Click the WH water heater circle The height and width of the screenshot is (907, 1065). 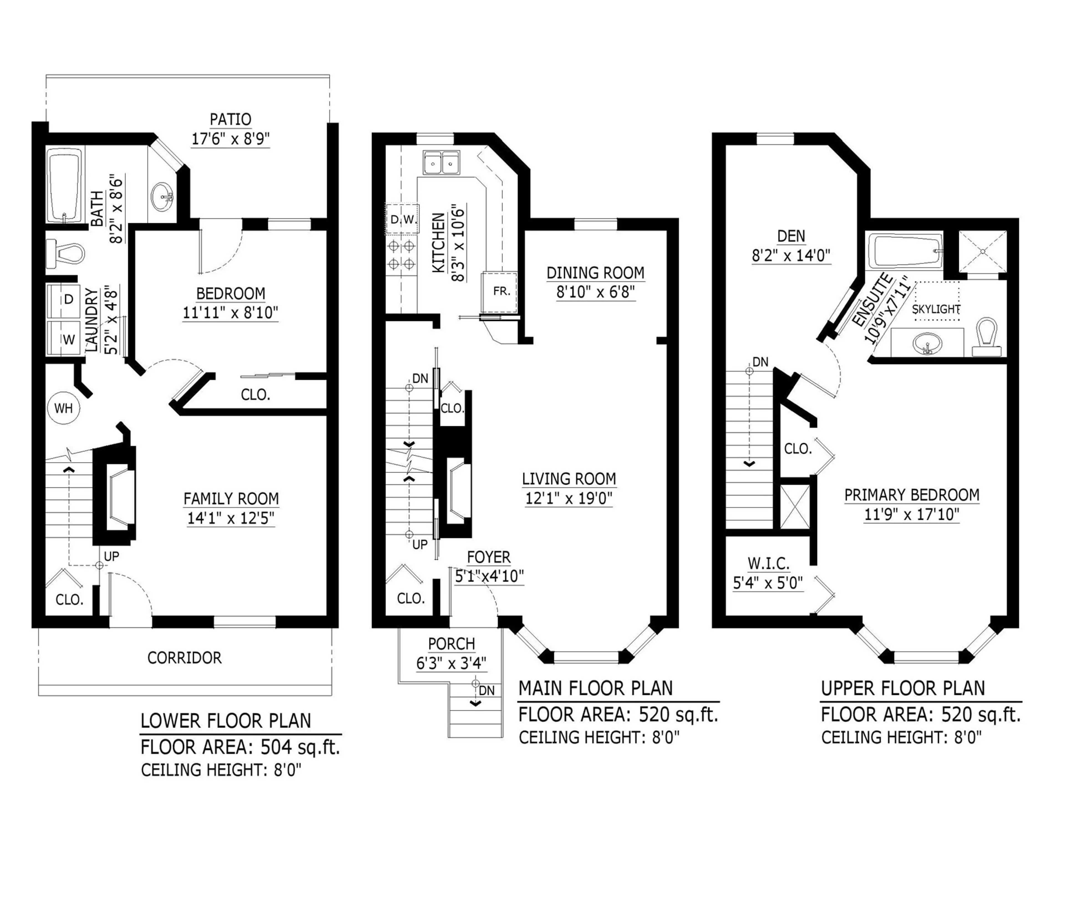pyautogui.click(x=64, y=408)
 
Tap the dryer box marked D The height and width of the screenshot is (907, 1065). pyautogui.click(x=64, y=299)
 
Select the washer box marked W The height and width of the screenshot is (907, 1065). pyautogui.click(x=64, y=339)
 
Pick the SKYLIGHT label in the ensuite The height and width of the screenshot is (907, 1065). pyautogui.click(x=935, y=309)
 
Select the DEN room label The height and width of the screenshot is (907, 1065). pyautogui.click(x=791, y=236)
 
